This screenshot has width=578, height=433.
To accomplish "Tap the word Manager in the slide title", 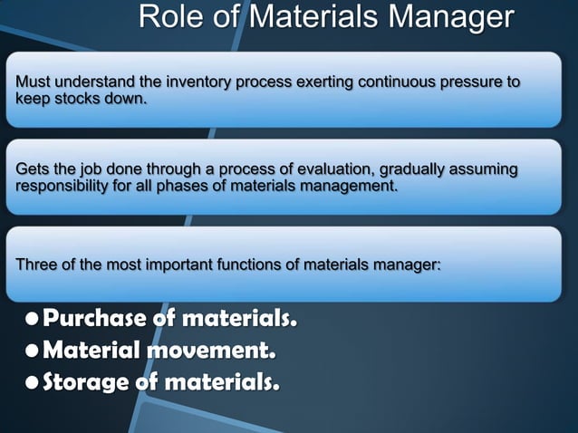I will (453, 19).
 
